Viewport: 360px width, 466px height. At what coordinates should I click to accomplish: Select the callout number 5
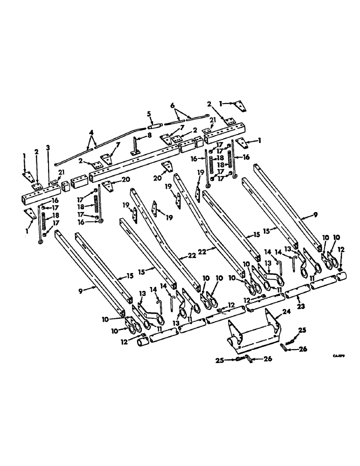click(x=149, y=113)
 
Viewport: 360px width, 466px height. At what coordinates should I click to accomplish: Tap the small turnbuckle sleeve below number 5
click(x=154, y=125)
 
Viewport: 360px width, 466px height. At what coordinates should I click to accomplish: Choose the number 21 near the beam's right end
click(x=212, y=120)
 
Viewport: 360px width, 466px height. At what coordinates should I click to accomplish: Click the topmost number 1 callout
click(x=221, y=102)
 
